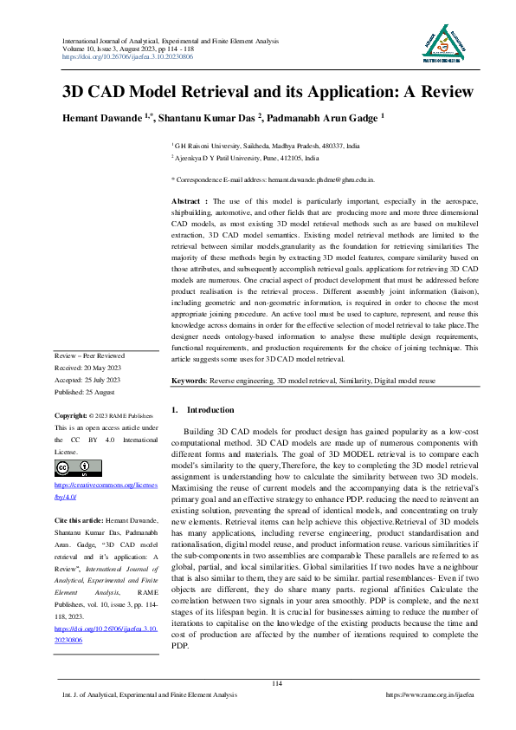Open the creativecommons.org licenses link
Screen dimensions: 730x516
[x=107, y=492]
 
